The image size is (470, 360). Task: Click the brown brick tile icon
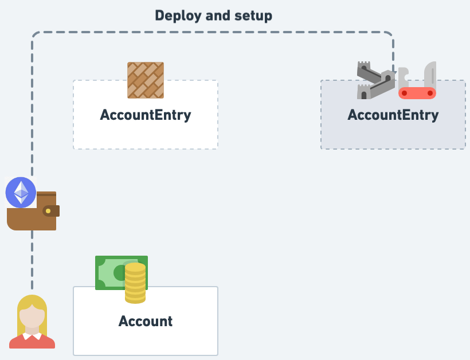146,80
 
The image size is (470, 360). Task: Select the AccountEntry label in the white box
146,115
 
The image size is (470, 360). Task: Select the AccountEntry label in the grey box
393,115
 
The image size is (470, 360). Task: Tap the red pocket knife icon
417,92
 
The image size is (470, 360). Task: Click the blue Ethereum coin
21,192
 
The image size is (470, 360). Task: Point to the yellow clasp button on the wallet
48,211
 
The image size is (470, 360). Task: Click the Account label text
146,321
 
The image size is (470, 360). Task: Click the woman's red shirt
32,342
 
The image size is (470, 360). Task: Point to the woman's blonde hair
32,302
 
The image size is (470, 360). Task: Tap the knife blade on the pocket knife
430,75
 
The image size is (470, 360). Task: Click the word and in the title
217,15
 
